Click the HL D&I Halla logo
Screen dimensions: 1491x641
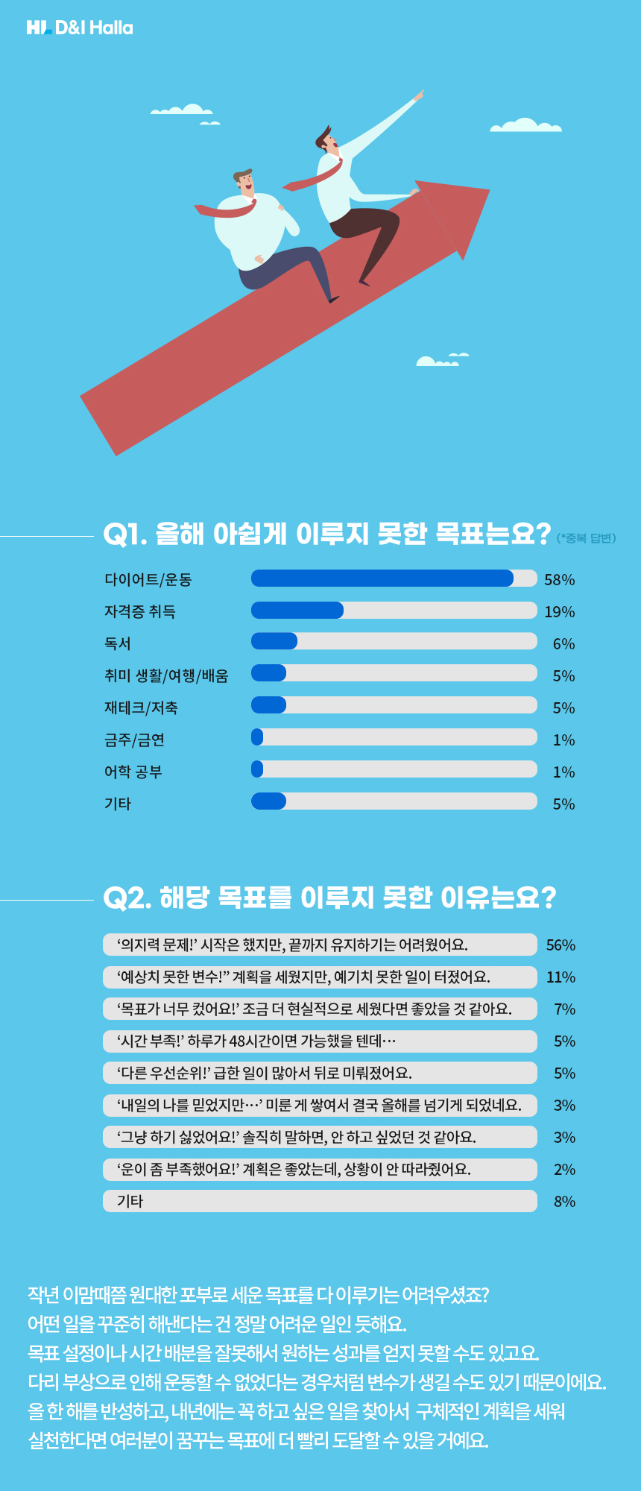click(80, 28)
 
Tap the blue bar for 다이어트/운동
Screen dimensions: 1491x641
click(382, 579)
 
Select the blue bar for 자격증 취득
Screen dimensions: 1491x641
click(297, 611)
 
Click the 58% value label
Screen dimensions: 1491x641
click(559, 580)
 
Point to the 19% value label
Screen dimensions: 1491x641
click(559, 612)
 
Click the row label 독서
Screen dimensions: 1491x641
click(118, 643)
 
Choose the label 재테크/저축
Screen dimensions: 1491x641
click(141, 707)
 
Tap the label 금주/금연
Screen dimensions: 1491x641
click(134, 740)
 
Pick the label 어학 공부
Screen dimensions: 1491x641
click(133, 772)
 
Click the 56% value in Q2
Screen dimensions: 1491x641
click(561, 945)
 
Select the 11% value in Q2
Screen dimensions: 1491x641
click(561, 977)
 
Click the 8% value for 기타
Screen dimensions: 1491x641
click(564, 1202)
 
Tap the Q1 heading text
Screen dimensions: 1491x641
click(326, 534)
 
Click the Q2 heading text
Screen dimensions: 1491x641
click(329, 898)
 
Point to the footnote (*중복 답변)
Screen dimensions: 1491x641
click(586, 538)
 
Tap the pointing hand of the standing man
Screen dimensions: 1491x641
click(419, 95)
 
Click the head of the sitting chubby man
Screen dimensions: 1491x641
click(244, 183)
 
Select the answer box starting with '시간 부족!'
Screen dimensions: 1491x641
click(320, 1041)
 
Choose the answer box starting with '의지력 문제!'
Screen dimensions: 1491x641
click(320, 945)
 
